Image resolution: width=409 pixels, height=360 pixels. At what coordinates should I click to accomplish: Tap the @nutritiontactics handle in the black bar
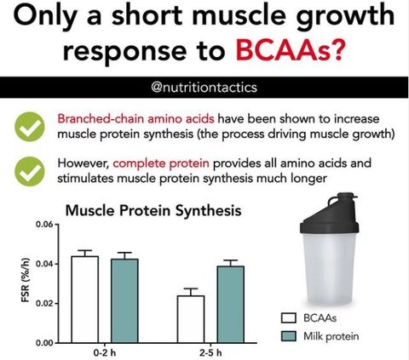204,88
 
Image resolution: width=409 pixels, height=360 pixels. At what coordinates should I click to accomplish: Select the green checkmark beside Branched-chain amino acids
30,127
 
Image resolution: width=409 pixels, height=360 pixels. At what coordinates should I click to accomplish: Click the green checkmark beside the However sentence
30,171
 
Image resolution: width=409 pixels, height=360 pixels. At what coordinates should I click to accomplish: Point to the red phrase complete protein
161,163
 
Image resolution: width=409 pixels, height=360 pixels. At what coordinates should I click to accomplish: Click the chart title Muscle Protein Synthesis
153,210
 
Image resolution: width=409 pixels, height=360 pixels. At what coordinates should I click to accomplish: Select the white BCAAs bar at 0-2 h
85,300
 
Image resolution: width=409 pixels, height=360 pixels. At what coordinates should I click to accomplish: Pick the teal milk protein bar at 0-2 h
124,300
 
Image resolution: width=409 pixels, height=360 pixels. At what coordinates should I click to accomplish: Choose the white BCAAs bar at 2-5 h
191,319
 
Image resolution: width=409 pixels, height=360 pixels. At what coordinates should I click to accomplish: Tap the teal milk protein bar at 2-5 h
231,305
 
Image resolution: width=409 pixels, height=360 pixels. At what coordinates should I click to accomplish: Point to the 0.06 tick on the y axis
45,225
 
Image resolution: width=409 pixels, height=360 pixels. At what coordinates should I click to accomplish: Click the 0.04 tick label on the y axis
45,264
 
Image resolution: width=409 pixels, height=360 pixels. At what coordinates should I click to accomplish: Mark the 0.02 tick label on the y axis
45,303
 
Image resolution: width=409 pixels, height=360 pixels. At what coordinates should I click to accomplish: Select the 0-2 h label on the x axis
105,353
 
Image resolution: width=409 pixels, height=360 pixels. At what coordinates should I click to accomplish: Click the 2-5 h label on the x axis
210,353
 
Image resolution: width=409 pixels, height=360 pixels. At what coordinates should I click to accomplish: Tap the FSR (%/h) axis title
26,280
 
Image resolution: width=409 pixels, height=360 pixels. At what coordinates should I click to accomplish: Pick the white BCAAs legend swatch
289,318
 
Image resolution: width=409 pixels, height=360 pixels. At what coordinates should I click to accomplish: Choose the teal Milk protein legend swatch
289,336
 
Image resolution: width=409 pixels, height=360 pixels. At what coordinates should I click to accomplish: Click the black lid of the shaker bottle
330,214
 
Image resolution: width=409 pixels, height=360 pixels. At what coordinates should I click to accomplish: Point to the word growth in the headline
345,15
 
